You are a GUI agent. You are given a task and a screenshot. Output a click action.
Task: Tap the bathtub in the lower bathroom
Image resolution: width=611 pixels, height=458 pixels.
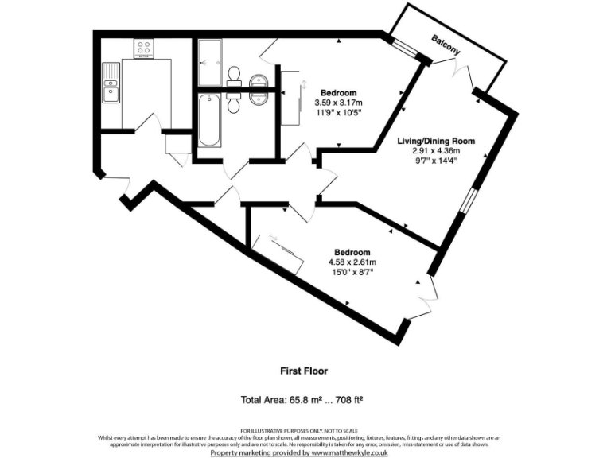coord(210,120)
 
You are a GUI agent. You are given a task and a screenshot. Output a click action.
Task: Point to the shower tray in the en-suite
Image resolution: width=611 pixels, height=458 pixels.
coord(211,63)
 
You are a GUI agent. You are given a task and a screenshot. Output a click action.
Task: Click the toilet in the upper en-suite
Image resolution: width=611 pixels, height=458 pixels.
coord(234,76)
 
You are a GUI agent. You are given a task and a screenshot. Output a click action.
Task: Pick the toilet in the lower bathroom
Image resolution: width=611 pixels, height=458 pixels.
coord(234,103)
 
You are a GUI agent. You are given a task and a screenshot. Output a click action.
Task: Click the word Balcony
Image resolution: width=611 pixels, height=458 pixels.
coord(446,45)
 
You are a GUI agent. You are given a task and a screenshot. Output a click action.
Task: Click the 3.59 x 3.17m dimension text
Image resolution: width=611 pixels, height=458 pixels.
coord(338,103)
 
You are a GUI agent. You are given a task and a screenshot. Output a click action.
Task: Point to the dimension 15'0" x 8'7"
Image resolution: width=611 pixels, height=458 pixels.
coord(351,271)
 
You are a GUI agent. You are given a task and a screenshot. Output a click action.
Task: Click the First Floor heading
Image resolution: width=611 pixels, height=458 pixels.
coord(304,371)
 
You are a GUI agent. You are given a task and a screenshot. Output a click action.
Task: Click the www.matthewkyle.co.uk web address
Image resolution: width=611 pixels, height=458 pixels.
coord(348,452)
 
